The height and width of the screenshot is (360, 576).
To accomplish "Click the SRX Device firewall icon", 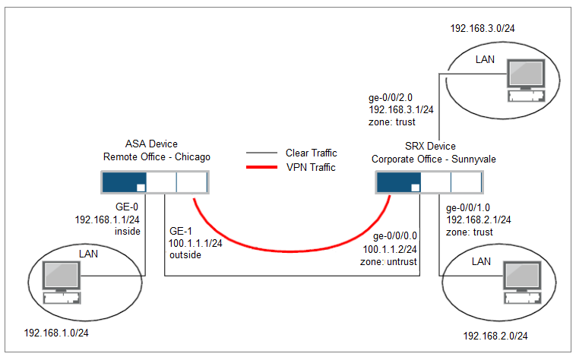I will pyautogui.click(x=429, y=182).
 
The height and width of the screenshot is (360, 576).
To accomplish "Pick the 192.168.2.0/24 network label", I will pyautogui.click(x=495, y=335).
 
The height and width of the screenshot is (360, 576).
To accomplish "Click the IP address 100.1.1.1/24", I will pyautogui.click(x=196, y=244).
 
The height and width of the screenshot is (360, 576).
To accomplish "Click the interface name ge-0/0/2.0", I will pyautogui.click(x=389, y=97).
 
